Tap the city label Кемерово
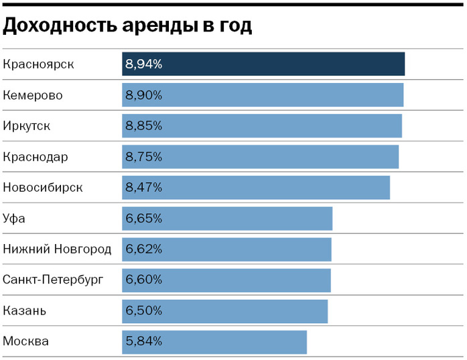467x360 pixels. point(33,95)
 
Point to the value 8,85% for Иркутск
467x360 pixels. point(143,126)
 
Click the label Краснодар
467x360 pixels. point(36,157)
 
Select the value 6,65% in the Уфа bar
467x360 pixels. point(143,219)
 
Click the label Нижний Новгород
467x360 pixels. point(58,249)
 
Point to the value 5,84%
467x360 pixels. point(143,342)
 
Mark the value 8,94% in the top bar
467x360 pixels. point(143,64)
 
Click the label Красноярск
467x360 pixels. point(38,64)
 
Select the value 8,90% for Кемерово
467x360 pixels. point(143,95)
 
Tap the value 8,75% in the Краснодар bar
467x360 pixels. point(143,157)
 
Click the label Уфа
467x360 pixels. point(15,219)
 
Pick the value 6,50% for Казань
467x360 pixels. point(143,311)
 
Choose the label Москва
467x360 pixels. point(26,342)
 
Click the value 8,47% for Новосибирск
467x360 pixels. point(143,188)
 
